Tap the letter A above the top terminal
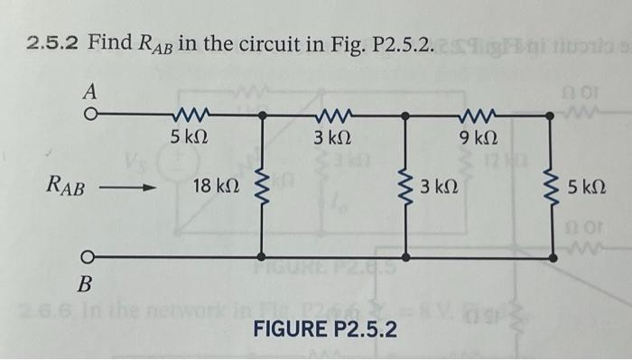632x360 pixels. point(91,92)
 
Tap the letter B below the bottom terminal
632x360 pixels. point(86,285)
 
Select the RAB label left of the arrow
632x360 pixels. point(68,188)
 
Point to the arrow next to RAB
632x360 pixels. point(128,188)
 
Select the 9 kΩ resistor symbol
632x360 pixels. point(474,115)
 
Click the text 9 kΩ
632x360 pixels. point(476,140)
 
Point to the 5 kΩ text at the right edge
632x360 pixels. point(588,189)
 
